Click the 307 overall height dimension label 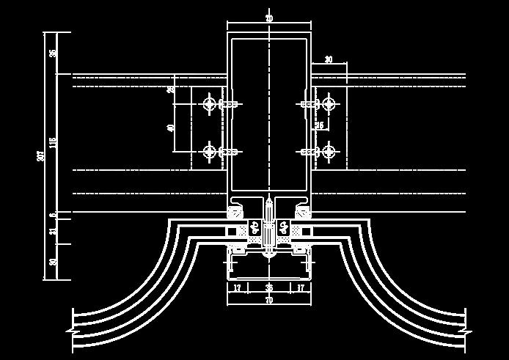[42, 155]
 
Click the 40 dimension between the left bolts [171, 128]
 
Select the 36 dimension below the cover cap [269, 288]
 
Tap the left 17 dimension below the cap [238, 288]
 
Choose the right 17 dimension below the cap [301, 288]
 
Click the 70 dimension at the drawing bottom [269, 300]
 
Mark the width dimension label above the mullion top [269, 18]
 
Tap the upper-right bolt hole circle [328, 104]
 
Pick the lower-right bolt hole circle [328, 152]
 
